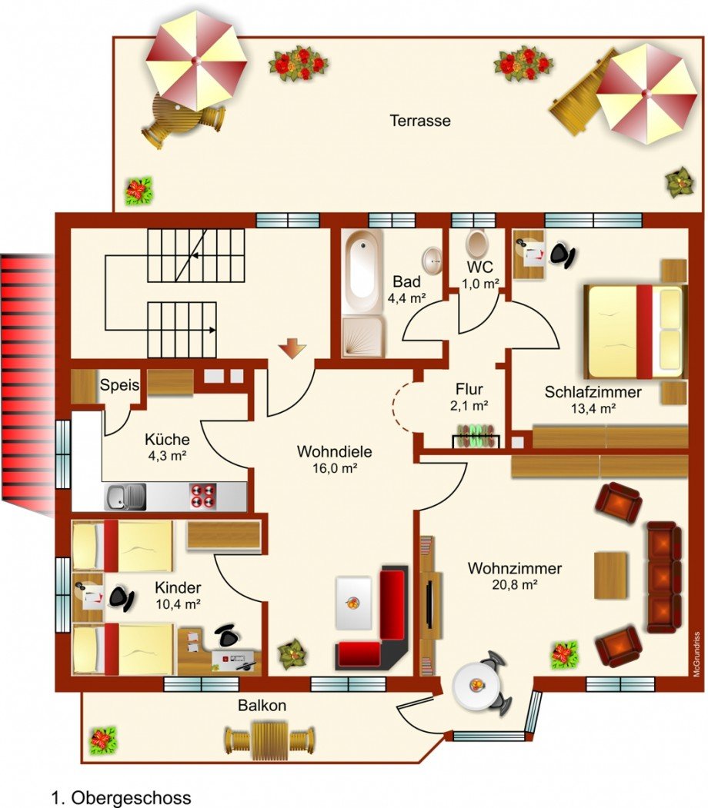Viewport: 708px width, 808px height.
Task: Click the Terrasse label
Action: coord(419,121)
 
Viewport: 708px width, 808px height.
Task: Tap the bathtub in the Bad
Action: coord(362,271)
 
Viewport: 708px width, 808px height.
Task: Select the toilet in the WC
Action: coord(476,243)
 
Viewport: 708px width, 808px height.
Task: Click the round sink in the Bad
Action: coord(432,260)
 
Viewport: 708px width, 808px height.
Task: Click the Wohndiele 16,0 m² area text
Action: coord(334,460)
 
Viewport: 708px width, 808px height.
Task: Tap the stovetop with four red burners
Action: coord(203,496)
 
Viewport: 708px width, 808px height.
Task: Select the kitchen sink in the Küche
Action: coord(125,497)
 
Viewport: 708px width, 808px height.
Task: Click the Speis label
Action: coord(119,385)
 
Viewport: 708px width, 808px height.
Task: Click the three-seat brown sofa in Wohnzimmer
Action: coord(664,577)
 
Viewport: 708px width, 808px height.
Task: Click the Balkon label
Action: coord(262,706)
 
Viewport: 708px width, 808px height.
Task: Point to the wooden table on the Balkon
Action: coord(269,741)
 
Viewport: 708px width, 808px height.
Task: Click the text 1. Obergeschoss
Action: coord(121,798)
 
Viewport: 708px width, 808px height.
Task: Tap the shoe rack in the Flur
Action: coord(476,435)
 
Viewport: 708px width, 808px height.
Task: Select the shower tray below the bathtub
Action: coord(363,337)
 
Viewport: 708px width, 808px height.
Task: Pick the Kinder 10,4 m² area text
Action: coord(178,596)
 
